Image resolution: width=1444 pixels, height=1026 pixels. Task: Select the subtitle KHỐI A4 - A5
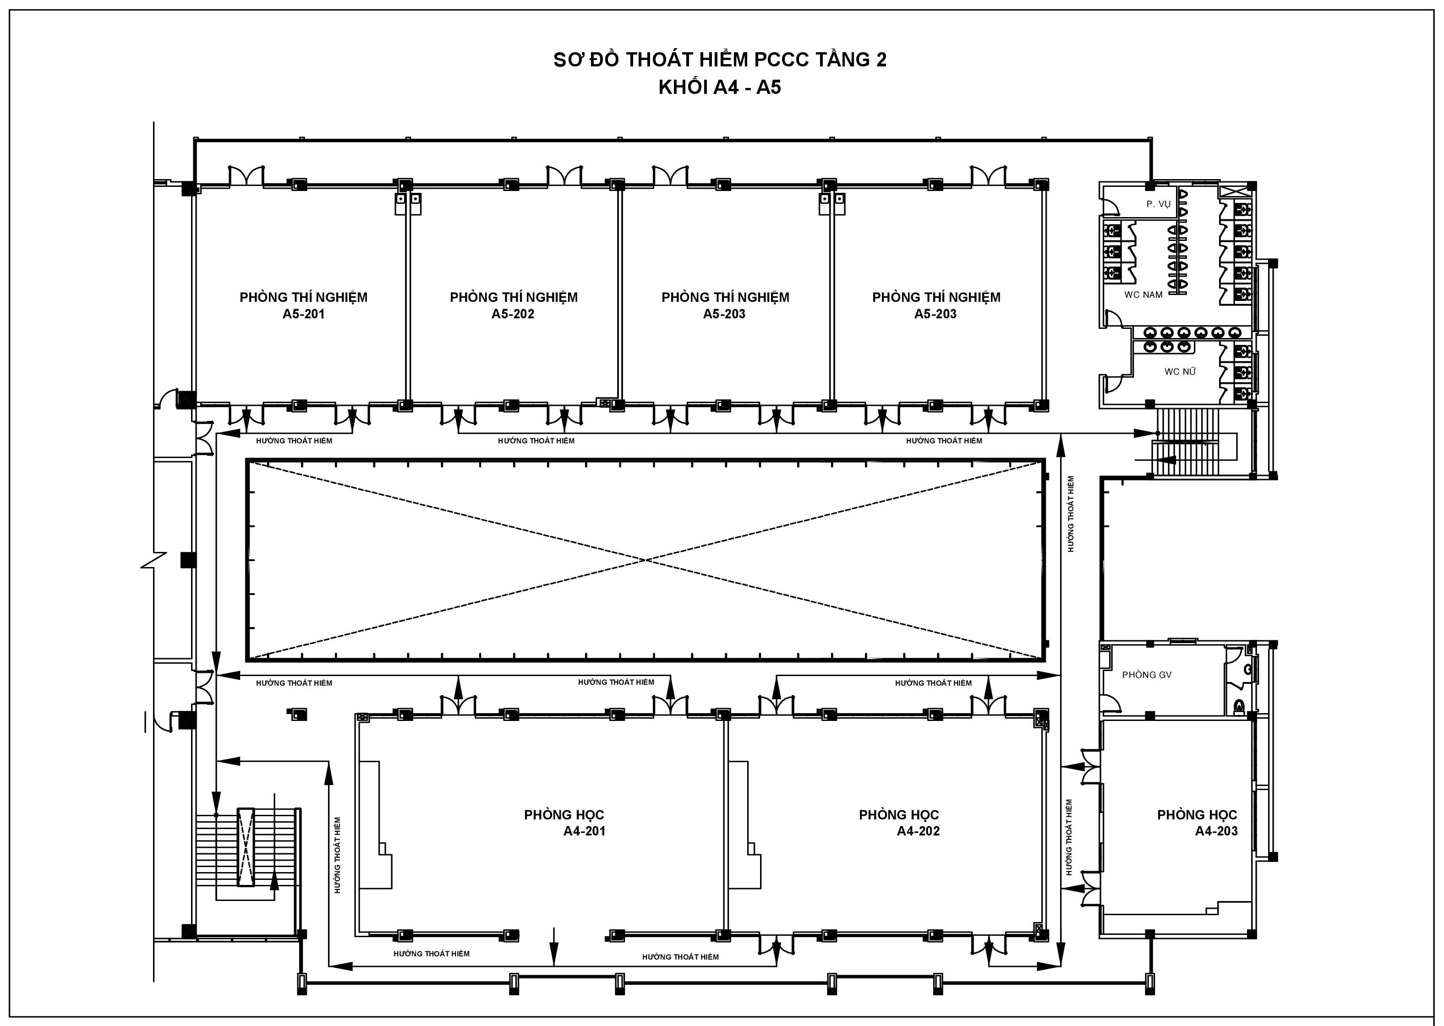pyautogui.click(x=720, y=87)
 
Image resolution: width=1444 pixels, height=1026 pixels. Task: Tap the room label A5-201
pyautogui.click(x=303, y=314)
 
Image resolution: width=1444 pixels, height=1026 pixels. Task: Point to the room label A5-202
pyautogui.click(x=513, y=314)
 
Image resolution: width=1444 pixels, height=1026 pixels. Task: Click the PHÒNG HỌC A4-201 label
pyautogui.click(x=564, y=823)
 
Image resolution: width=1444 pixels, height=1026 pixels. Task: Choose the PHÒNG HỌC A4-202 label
pyautogui.click(x=899, y=823)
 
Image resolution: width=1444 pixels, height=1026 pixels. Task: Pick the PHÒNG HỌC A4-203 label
pyautogui.click(x=1198, y=823)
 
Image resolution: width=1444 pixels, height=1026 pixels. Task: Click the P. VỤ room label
pyautogui.click(x=1158, y=204)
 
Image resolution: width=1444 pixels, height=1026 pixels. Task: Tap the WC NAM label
pyautogui.click(x=1143, y=295)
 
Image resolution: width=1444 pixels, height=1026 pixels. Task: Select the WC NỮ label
pyautogui.click(x=1180, y=371)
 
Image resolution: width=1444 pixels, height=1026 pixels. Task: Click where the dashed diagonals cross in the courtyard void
pyautogui.click(x=645, y=560)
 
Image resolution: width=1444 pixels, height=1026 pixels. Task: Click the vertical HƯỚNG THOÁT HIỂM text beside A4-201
pyautogui.click(x=338, y=856)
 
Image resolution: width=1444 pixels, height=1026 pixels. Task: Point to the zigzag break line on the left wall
pyautogui.click(x=153, y=560)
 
